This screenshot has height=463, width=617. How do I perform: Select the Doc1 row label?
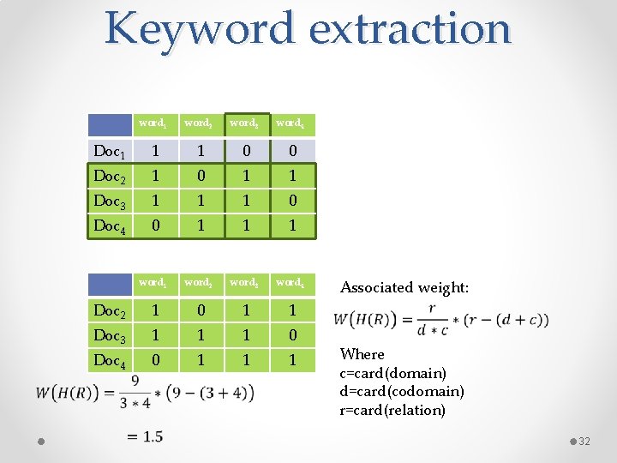point(110,153)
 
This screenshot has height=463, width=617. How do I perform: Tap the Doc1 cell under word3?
point(247,152)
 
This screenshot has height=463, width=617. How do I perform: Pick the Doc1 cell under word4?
point(292,152)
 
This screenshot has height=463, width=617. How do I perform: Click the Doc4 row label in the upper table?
point(110,226)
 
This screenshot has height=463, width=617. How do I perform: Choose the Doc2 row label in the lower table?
point(110,310)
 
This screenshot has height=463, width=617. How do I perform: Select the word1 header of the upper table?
point(154,123)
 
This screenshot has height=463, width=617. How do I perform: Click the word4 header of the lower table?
point(290,281)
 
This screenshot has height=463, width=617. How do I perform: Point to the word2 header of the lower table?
point(199,281)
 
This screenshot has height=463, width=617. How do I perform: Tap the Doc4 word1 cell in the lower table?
point(155,360)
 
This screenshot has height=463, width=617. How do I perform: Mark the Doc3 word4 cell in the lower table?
point(292,335)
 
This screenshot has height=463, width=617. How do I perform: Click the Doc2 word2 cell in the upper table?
point(201,177)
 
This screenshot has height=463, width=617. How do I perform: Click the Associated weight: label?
point(404,288)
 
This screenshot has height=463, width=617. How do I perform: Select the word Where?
point(362,354)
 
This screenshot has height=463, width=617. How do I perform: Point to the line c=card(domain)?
point(393,373)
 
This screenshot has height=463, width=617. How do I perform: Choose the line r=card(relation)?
point(393,410)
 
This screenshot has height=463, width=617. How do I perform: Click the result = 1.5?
point(144,437)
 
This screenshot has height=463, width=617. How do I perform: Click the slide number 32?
point(585,441)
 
